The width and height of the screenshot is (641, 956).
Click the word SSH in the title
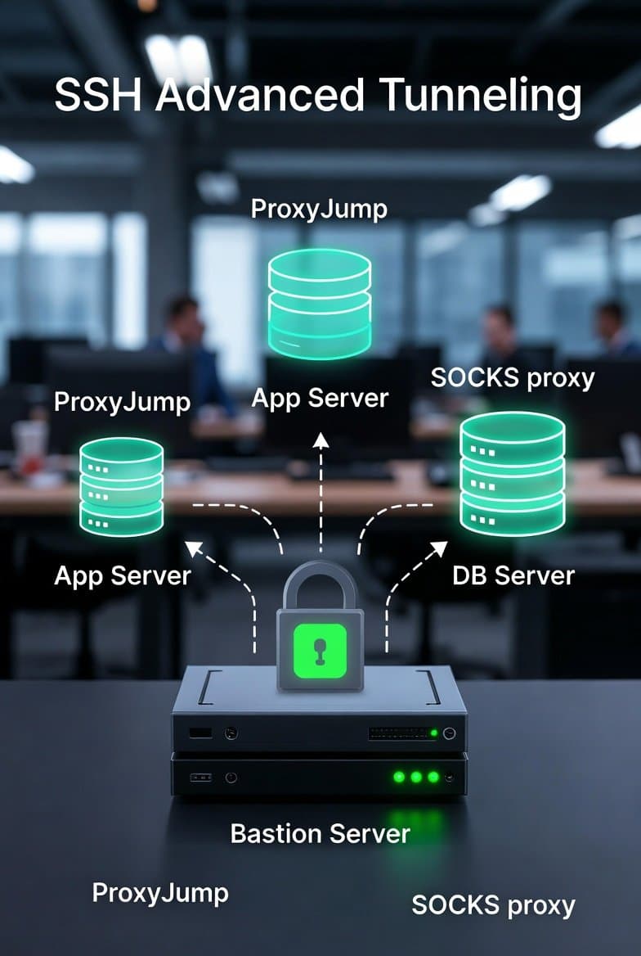pyautogui.click(x=97, y=97)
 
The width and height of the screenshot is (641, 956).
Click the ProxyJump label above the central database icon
pyautogui.click(x=319, y=209)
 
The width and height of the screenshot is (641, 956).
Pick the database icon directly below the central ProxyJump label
pyautogui.click(x=320, y=303)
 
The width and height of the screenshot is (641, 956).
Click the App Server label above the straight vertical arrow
pyautogui.click(x=320, y=399)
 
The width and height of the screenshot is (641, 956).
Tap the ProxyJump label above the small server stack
pyautogui.click(x=122, y=402)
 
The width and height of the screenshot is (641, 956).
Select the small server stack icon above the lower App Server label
pyautogui.click(x=121, y=486)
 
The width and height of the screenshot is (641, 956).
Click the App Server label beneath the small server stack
pyautogui.click(x=122, y=575)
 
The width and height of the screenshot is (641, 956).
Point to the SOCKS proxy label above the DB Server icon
pyautogui.click(x=513, y=378)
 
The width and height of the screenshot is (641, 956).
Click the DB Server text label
pyautogui.click(x=513, y=575)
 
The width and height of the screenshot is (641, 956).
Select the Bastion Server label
pyautogui.click(x=320, y=834)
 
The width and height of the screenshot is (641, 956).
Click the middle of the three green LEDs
pyautogui.click(x=416, y=776)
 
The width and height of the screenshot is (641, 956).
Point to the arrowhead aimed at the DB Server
pyautogui.click(x=439, y=548)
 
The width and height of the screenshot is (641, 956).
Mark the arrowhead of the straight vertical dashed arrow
pyautogui.click(x=320, y=441)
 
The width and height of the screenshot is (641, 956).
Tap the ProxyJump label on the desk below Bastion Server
pyautogui.click(x=160, y=892)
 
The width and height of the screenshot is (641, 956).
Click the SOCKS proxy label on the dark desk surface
pyautogui.click(x=493, y=905)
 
